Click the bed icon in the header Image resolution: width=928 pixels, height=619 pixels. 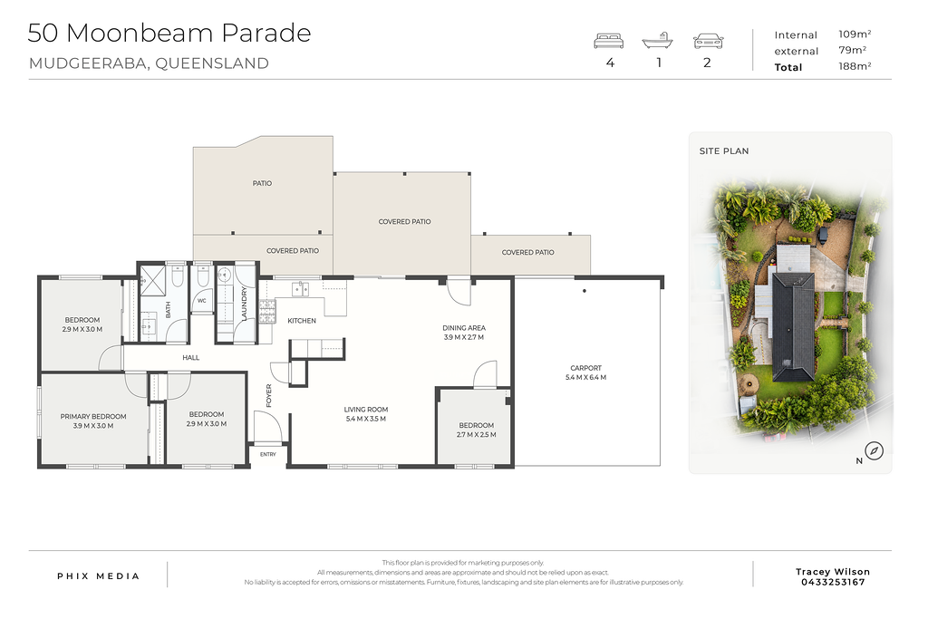(608, 41)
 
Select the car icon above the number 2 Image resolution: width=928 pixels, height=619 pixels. (708, 41)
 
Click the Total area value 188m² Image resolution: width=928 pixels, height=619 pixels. (855, 66)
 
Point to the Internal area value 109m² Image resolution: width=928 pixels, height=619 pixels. (855, 34)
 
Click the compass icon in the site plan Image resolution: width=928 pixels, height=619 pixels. (875, 451)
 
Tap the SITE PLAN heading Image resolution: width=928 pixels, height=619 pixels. (724, 151)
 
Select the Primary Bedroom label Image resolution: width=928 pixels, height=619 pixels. (93, 417)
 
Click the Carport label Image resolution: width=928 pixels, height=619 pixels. (586, 368)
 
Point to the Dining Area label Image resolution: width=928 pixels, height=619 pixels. (464, 328)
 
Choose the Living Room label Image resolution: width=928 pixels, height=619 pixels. (366, 410)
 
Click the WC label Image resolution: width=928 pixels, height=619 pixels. (202, 301)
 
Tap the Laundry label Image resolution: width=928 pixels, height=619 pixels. (245, 304)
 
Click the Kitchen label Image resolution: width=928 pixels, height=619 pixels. (302, 321)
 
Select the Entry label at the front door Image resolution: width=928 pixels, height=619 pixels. (268, 454)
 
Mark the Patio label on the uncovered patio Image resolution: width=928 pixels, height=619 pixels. (262, 183)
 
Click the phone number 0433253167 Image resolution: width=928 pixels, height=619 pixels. (834, 583)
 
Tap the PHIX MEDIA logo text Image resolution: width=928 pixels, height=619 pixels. (98, 575)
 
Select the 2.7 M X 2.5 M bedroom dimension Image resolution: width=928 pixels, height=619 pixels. (477, 434)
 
